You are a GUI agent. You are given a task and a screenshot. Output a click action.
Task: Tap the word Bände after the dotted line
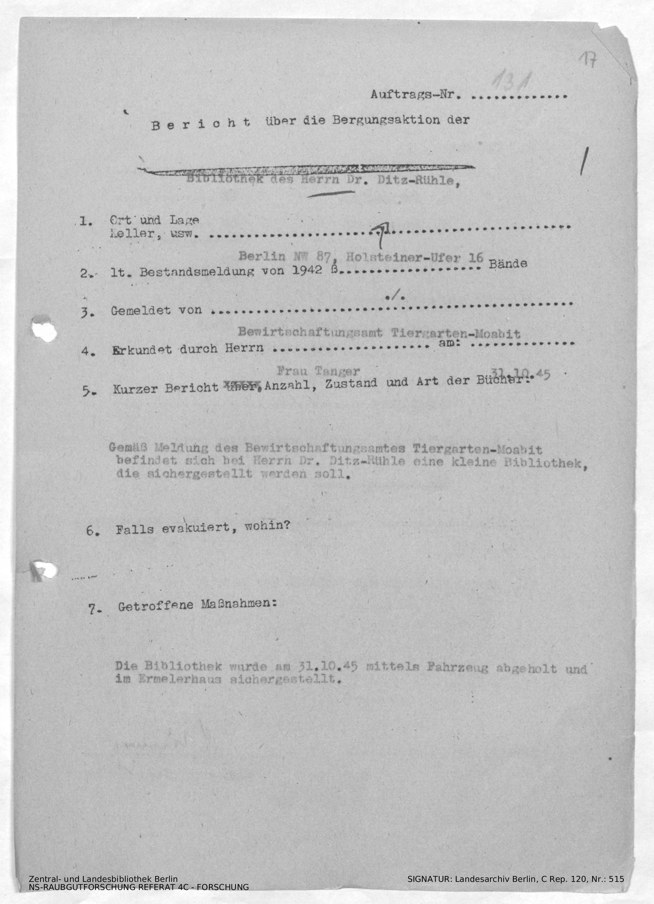click(x=508, y=264)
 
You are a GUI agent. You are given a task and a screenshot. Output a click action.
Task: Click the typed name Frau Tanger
click(x=318, y=371)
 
